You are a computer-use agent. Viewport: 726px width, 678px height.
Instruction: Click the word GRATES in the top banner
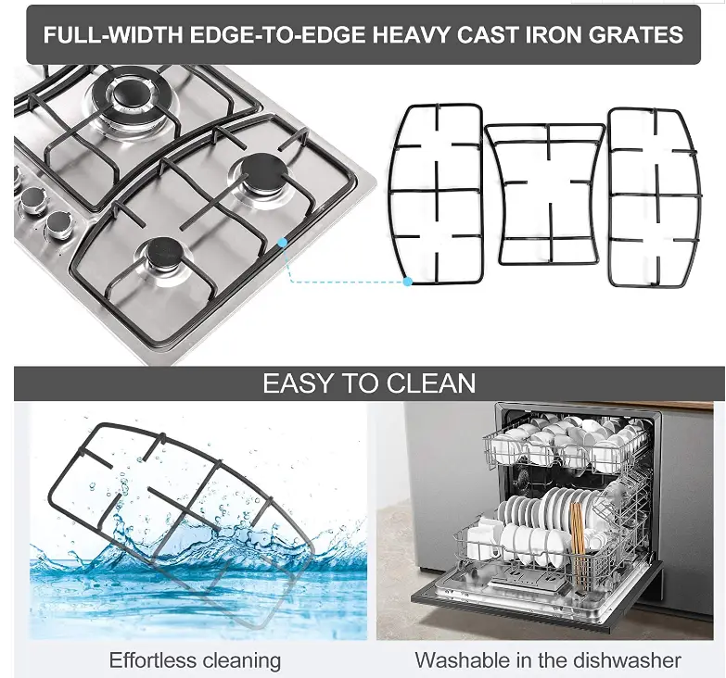tap(636, 34)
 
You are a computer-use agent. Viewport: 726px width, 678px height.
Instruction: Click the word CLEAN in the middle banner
tap(431, 383)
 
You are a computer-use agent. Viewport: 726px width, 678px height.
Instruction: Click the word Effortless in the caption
tap(152, 660)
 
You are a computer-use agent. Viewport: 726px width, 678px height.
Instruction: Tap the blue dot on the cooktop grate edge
tap(283, 242)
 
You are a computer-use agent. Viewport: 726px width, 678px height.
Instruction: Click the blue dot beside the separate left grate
tap(407, 282)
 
